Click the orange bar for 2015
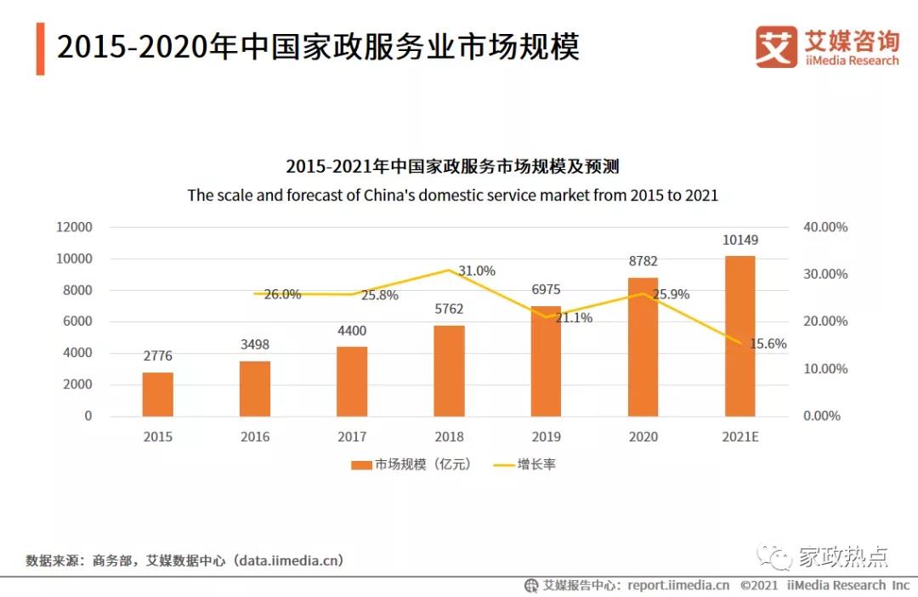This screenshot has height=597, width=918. coord(157,394)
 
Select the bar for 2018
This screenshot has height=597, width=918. coord(449,370)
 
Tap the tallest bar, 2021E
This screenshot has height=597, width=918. coord(739,335)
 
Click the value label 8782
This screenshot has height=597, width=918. coord(643,261)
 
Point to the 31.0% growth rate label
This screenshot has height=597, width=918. coord(477,270)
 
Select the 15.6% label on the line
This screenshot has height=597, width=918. coord(768,344)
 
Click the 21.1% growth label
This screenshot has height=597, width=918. coord(574,318)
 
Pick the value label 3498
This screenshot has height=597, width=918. coord(254,344)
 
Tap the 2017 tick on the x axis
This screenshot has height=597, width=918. coord(352,436)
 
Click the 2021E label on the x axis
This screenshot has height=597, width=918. coord(739,436)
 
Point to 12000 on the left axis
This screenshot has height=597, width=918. coord(74,227)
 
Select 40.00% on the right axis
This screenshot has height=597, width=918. coord(824,227)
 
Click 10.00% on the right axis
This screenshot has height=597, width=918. coord(824,369)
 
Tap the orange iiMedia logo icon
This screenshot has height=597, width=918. coord(776,47)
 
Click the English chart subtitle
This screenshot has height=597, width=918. coord(452,195)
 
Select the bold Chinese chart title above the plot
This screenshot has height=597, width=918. coord(452,166)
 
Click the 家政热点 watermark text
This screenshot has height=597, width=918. coord(843,557)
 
